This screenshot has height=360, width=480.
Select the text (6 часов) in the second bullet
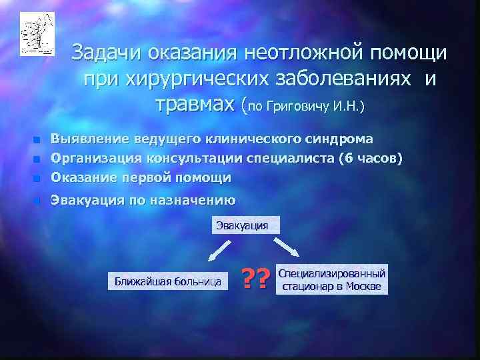point(370,158)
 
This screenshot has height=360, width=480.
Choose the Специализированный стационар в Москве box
point(331,280)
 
